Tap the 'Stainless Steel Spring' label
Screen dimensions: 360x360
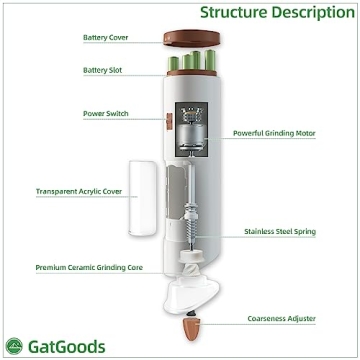[x=280, y=231]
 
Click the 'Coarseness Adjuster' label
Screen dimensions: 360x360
[x=282, y=319]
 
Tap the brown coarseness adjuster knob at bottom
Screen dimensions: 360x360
[x=192, y=327]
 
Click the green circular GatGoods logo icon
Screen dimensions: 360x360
[x=14, y=346]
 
